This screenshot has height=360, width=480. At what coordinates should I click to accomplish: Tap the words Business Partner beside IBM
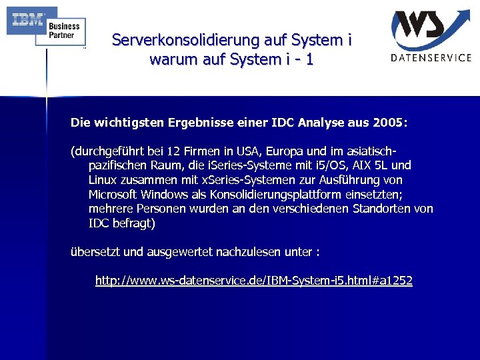[64, 30]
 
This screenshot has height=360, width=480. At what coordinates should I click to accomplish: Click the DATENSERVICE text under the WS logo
[431, 57]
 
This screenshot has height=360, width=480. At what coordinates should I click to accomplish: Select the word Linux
[104, 180]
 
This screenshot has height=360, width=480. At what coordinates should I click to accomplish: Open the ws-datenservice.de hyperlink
[254, 281]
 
